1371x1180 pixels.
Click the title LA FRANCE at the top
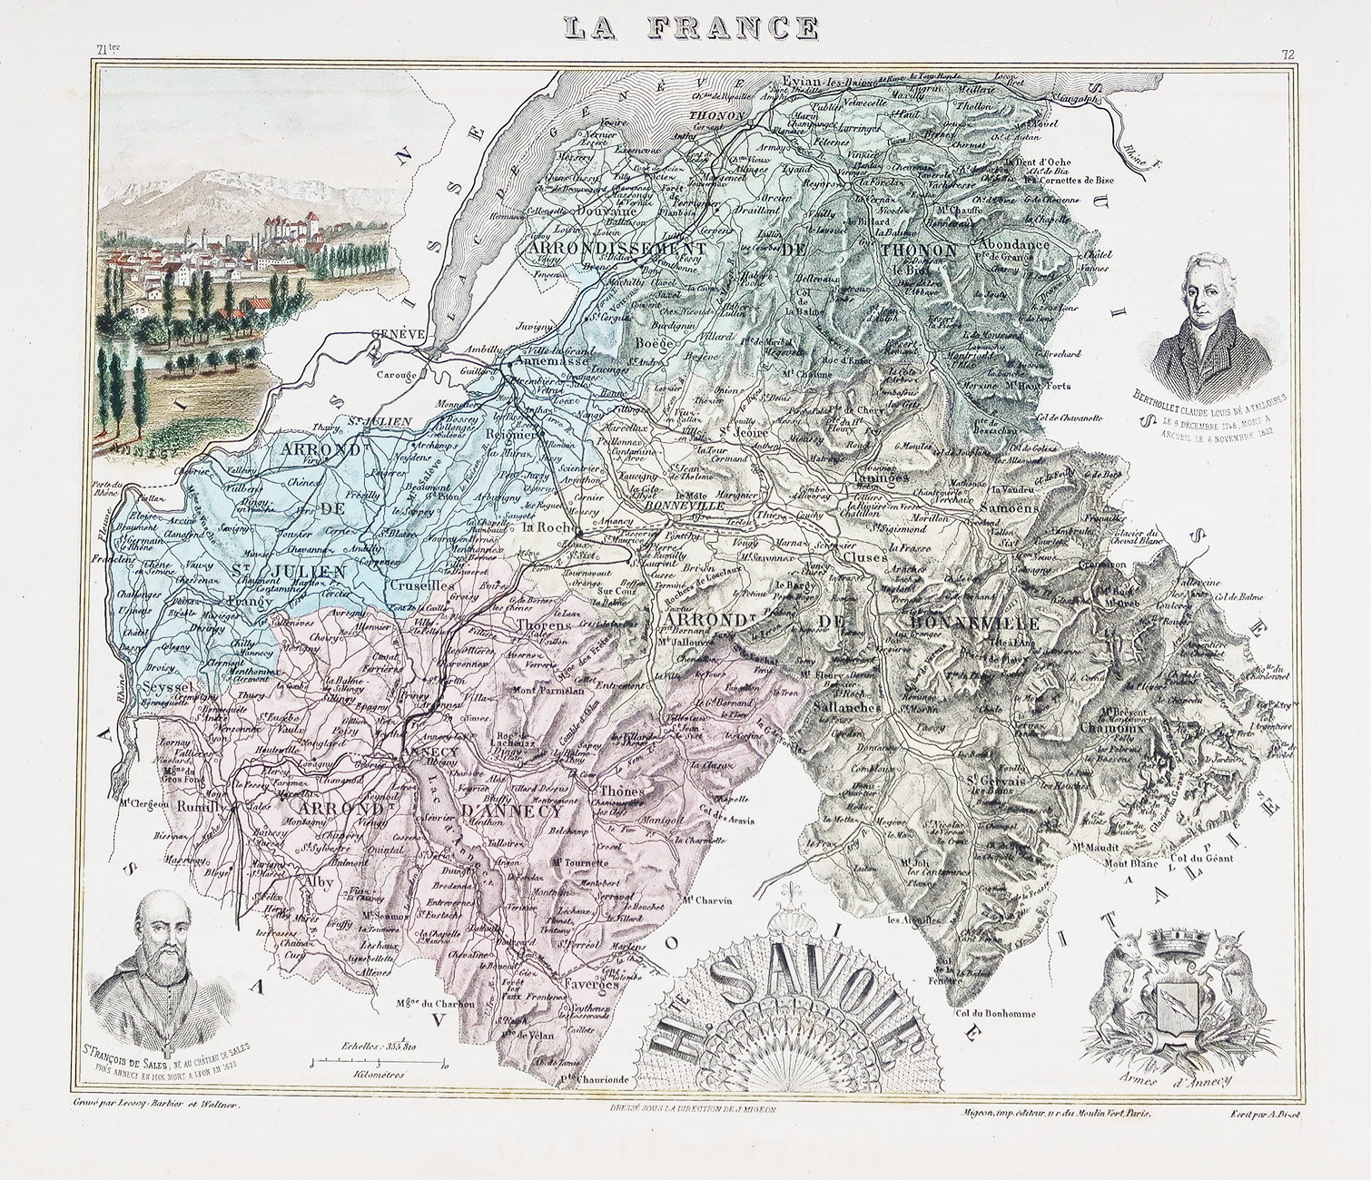pyautogui.click(x=690, y=27)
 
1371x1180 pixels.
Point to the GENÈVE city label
pyautogui.click(x=399, y=334)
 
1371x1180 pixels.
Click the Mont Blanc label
pyautogui.click(x=1130, y=866)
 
